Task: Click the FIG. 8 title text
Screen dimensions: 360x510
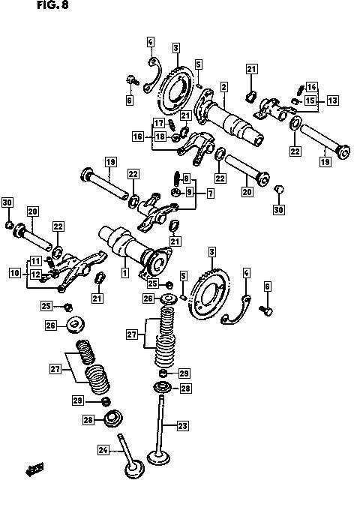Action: [x=52, y=5]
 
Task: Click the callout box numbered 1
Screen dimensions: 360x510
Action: [x=125, y=272]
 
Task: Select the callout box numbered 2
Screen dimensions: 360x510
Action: [x=223, y=87]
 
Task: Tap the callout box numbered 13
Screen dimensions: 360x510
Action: [x=332, y=100]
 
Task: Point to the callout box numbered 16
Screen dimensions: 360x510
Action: [x=138, y=136]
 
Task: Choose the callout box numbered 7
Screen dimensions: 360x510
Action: [x=211, y=193]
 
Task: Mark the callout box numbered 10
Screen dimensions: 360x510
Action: [x=15, y=272]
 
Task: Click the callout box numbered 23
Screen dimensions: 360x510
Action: [x=182, y=426]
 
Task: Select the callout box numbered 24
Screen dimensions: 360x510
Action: [x=103, y=450]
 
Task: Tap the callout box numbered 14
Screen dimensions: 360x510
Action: [x=311, y=87]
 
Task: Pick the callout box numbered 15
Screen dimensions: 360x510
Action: [x=310, y=100]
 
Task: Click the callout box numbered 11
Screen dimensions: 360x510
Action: [x=36, y=261]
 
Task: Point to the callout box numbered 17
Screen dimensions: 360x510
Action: [x=159, y=123]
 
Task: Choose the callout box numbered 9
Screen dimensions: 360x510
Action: [x=189, y=192]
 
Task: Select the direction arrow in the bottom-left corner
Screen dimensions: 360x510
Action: [x=35, y=469]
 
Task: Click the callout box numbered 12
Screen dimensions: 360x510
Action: [x=36, y=274]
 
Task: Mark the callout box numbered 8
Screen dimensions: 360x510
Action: [x=186, y=178]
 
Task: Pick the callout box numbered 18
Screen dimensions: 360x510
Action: [x=160, y=136]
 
